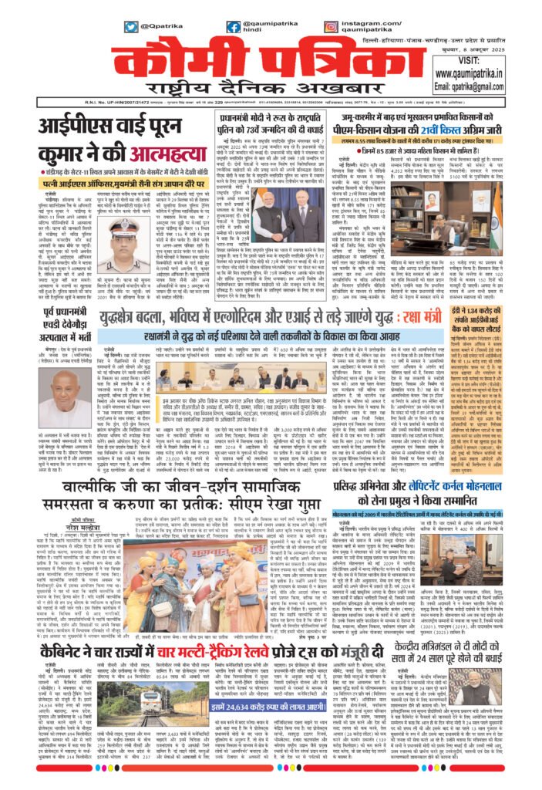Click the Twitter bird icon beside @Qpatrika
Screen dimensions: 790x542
click(132, 27)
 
